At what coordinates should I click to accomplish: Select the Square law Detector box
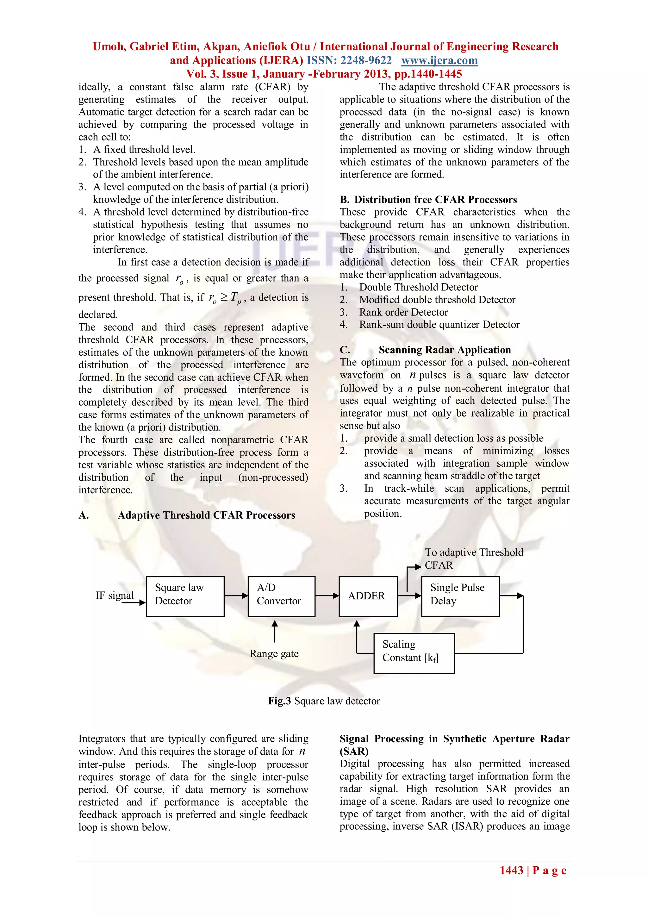185,596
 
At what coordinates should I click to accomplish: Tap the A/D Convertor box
281,596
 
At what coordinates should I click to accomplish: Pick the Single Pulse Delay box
460,596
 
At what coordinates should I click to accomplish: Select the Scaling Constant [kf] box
414,653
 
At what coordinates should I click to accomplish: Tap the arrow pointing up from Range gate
275,631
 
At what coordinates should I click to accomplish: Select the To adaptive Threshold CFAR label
473,558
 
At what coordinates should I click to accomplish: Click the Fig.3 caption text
324,701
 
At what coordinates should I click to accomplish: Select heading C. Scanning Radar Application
425,350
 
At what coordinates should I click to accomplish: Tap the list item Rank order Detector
403,312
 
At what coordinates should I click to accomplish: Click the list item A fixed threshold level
144,150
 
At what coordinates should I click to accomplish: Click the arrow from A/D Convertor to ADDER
327,596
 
